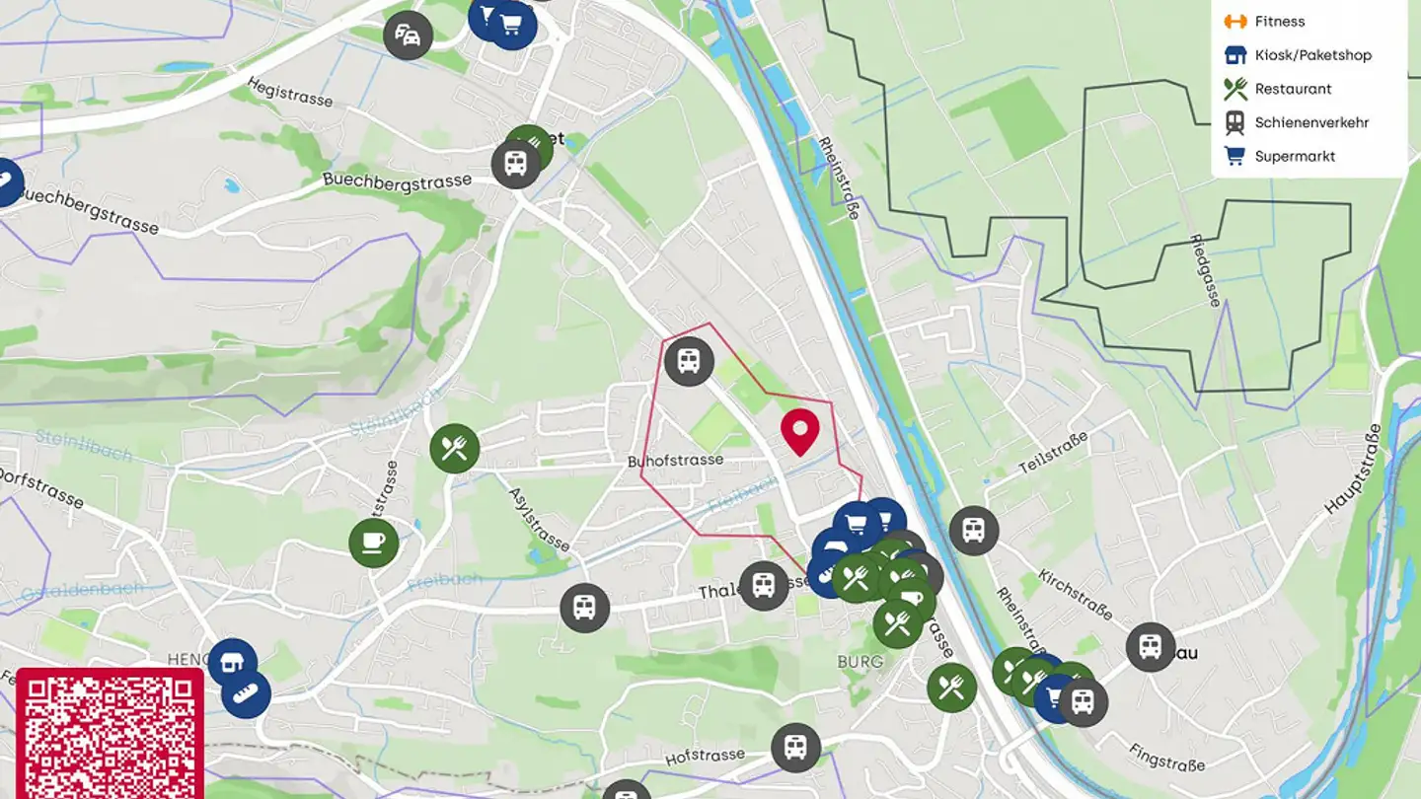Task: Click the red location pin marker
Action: pos(800,430)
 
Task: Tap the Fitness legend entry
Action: pos(1279,22)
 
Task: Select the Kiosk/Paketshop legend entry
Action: pos(1312,55)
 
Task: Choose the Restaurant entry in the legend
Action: pos(1293,89)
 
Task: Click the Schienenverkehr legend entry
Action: pos(1310,122)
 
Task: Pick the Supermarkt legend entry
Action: pos(1295,156)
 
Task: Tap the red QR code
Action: pos(110,735)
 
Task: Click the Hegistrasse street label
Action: pos(290,93)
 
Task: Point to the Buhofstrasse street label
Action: pos(675,461)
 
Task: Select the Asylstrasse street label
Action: pos(539,519)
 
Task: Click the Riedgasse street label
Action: pos(1205,270)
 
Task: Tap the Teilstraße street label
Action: pos(1053,452)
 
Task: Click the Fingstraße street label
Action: pos(1166,758)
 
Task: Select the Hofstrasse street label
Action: pos(705,757)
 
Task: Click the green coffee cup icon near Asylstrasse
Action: pos(374,543)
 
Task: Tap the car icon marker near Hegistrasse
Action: pos(408,36)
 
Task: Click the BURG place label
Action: pos(860,661)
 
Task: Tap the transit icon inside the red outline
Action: pos(689,361)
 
